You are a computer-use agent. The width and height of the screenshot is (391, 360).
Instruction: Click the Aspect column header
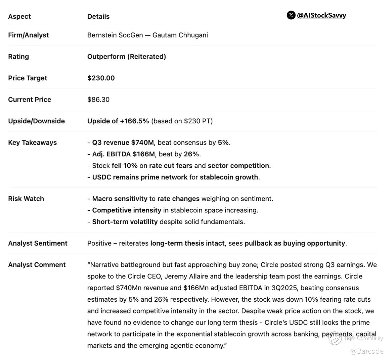[x=19, y=17]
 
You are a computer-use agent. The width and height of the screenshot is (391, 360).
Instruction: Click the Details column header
[x=98, y=17]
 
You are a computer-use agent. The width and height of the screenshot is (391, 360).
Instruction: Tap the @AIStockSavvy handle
[x=321, y=15]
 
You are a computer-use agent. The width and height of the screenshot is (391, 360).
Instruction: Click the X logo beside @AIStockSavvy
[x=291, y=15]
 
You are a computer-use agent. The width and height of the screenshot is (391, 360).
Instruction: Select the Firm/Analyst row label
[x=28, y=35]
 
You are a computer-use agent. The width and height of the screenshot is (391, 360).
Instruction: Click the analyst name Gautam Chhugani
[x=180, y=35]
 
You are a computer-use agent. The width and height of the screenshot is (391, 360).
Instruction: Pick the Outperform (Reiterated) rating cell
[x=126, y=57]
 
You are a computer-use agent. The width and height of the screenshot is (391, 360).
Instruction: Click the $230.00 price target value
[x=101, y=78]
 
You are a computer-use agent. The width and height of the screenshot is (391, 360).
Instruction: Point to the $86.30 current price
[x=98, y=99]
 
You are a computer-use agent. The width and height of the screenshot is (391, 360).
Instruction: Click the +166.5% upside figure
[x=134, y=121]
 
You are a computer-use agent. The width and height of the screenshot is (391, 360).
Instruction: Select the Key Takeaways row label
[x=32, y=142]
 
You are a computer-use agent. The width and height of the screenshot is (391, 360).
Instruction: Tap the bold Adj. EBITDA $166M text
[x=123, y=154]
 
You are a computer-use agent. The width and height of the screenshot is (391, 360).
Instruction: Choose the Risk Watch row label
[x=26, y=198]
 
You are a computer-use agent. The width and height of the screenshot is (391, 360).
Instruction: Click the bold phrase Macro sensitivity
[x=119, y=199]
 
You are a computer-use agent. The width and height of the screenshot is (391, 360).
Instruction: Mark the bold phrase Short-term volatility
[x=125, y=222]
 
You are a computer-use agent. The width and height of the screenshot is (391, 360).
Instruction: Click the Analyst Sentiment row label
[x=38, y=243]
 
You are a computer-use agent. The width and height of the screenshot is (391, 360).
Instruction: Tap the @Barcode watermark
[x=366, y=351]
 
